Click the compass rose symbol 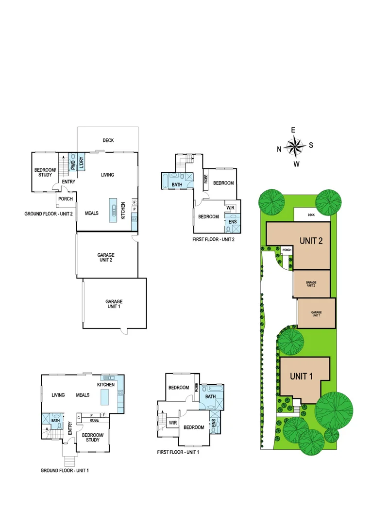294,146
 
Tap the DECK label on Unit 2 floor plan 108,141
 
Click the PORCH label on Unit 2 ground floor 66,199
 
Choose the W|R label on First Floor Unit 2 230,208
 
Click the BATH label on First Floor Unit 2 177,184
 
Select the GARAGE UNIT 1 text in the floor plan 114,304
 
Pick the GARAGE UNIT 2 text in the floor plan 106,257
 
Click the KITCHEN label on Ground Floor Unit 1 106,385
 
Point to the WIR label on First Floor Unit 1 172,423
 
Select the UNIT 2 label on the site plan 311,241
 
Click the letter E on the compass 293,130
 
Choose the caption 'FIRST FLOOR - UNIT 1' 178,452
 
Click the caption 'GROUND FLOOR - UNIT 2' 49,213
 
